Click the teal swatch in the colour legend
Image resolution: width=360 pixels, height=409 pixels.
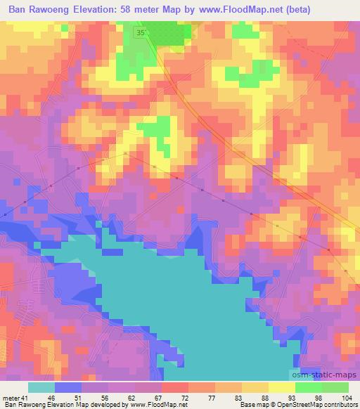coord(41,388)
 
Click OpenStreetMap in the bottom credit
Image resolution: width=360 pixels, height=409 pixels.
coord(294,404)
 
